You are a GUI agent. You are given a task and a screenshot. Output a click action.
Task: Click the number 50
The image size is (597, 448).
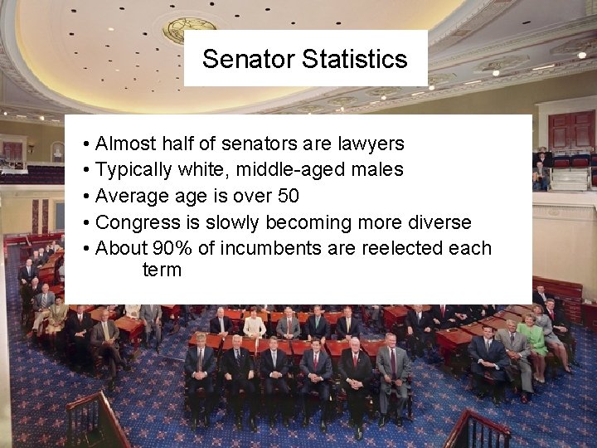click(x=288, y=197)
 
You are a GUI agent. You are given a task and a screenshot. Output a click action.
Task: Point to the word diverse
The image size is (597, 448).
click(x=440, y=222)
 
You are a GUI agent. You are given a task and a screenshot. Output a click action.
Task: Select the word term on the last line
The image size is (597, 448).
click(x=162, y=270)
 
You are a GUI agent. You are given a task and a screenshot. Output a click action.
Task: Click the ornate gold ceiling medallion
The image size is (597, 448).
click(x=189, y=29)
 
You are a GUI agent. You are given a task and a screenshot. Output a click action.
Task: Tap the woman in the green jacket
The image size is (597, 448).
click(x=532, y=338)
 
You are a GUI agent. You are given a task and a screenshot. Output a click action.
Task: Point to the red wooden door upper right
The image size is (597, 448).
click(x=571, y=130)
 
